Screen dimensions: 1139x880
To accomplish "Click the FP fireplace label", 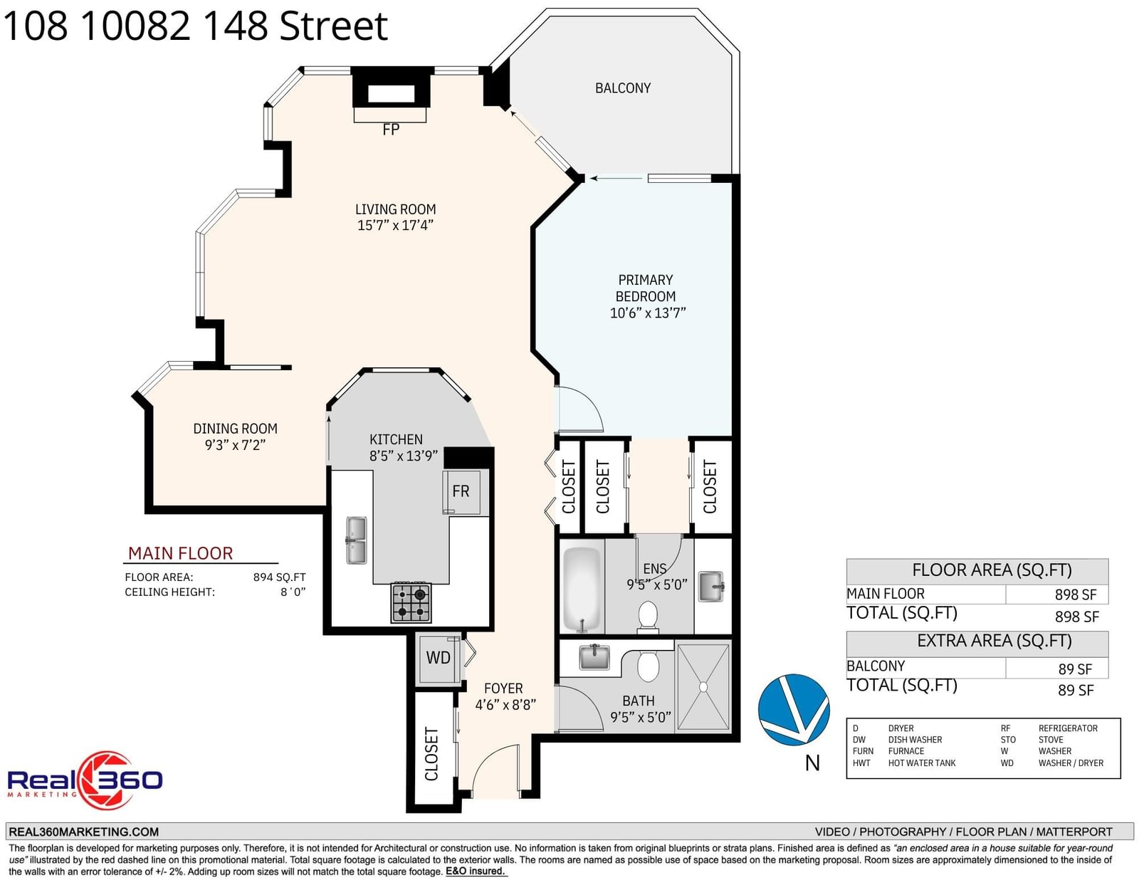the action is coord(391,130).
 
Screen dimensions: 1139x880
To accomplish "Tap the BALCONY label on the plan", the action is coord(622,88).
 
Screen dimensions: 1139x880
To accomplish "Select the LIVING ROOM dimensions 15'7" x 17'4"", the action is coord(395,226).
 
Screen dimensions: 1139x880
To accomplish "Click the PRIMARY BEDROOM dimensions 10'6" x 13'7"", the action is coord(647,313).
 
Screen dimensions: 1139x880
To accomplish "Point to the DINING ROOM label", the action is coord(235,428).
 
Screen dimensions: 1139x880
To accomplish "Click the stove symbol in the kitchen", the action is coord(411,602).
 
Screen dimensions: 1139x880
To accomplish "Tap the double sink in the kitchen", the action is coord(357,540).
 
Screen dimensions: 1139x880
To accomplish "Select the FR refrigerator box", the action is coord(461,492).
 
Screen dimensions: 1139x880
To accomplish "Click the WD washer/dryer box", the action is coord(439,659).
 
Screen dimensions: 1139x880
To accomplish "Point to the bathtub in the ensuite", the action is coord(582,589).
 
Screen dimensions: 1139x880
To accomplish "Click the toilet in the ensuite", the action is coord(648,617).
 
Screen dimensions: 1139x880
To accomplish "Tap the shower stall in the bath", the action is coord(703,686).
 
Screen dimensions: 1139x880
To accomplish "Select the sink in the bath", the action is coord(594,657).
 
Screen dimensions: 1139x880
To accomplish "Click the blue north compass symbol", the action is coord(794,709).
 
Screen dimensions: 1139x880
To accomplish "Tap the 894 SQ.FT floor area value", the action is coord(279,577).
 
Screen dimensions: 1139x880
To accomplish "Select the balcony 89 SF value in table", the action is coord(1075,669).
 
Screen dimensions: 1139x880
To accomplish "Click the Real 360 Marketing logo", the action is coord(85,780).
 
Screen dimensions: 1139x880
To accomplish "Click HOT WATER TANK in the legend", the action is coord(921,763).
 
